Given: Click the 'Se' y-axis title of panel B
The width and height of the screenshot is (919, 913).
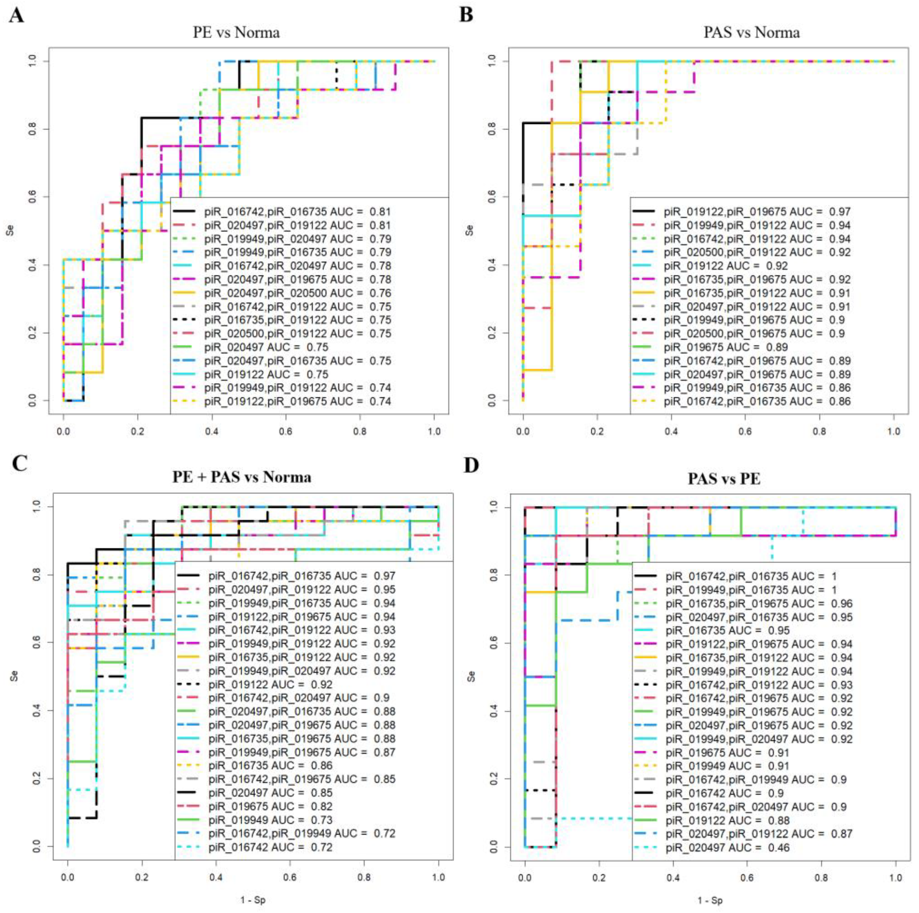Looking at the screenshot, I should pos(470,231).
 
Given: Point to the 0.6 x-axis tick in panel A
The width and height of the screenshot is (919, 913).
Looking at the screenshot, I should pos(286,432).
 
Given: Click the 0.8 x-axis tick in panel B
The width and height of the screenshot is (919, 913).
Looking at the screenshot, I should pos(820,432).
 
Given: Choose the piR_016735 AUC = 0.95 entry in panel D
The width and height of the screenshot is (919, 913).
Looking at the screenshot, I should pos(727,631).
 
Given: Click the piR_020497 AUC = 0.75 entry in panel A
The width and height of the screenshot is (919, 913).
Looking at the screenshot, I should pos(266,347).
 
